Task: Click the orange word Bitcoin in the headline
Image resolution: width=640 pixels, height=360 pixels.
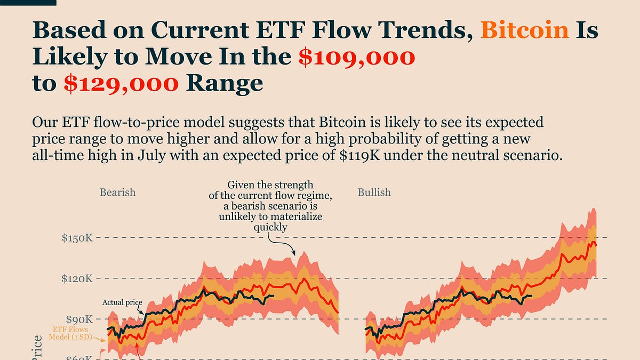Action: (524, 30)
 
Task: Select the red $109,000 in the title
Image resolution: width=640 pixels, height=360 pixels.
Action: (356, 57)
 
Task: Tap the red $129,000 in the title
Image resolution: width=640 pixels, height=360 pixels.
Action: (122, 84)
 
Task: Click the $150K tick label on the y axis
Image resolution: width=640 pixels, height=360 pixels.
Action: (77, 238)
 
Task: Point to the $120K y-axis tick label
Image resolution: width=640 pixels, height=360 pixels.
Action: (77, 278)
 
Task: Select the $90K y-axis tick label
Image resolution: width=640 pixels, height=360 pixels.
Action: (80, 319)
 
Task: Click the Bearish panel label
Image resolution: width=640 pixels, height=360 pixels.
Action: (117, 192)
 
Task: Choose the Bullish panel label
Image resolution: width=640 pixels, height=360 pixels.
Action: (374, 192)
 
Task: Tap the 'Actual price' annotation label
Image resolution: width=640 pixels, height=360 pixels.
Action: (122, 302)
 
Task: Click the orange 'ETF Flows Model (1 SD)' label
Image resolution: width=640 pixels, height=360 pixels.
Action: (70, 333)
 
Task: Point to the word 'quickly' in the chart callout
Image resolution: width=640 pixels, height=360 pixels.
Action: (270, 227)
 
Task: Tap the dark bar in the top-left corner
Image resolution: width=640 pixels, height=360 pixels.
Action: (28, 3)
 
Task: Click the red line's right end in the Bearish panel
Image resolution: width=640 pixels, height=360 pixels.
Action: (338, 313)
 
